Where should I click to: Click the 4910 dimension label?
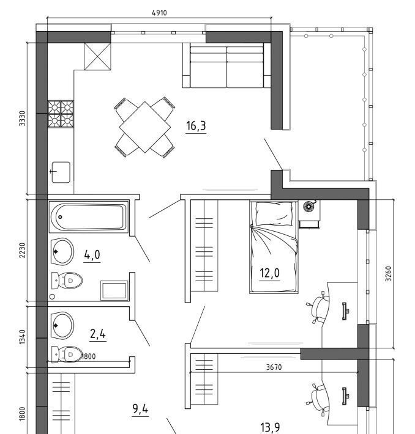click(159, 13)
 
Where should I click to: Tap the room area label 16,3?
click(196, 126)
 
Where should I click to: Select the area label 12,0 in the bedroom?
click(270, 273)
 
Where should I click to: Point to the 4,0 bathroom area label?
click(92, 255)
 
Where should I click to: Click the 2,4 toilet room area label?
click(98, 334)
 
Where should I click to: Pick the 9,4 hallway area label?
click(140, 409)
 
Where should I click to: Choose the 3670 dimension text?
click(274, 367)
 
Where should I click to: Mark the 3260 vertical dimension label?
click(389, 274)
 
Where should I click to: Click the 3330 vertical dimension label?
click(22, 119)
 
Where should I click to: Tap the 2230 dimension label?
click(22, 250)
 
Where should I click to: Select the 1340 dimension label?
click(22, 337)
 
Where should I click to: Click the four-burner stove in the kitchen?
click(61, 114)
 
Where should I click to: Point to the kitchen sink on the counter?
click(61, 172)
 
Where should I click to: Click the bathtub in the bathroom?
click(89, 217)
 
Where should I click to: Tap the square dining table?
click(144, 127)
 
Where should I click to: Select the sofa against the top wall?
click(226, 65)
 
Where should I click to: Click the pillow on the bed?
click(274, 214)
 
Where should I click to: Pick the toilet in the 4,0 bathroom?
click(67, 281)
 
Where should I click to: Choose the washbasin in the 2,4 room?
click(62, 326)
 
